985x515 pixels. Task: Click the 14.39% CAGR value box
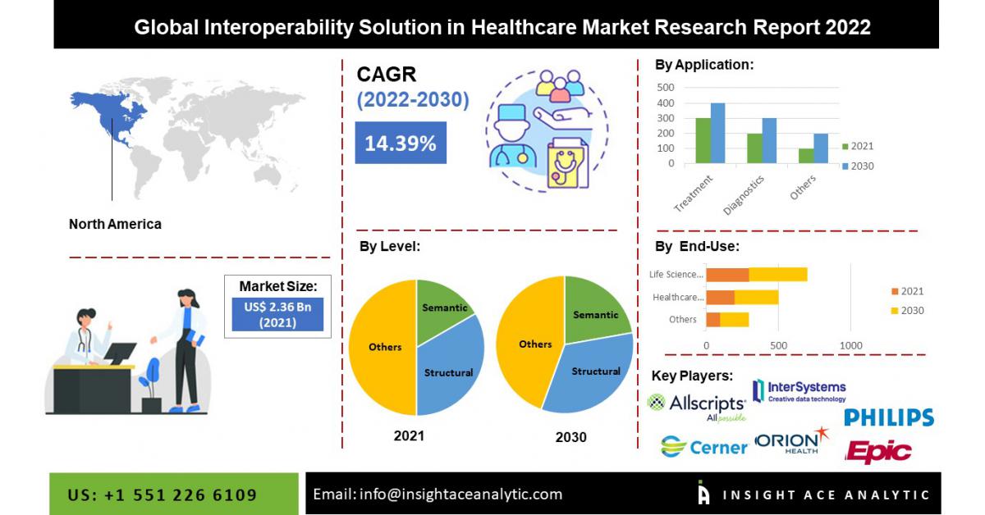click(401, 143)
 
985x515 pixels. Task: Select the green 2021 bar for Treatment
click(703, 140)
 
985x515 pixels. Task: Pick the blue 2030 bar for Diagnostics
click(769, 140)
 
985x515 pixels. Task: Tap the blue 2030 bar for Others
click(821, 148)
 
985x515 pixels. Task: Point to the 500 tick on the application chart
click(666, 88)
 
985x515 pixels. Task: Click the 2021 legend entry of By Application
click(858, 146)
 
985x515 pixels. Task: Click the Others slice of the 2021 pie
click(383, 347)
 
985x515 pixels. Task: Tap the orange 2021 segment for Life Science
click(727, 275)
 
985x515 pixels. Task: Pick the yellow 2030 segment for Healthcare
click(756, 298)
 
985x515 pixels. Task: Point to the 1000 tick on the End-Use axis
click(850, 346)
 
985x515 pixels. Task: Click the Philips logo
click(889, 417)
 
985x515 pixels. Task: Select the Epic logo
click(877, 451)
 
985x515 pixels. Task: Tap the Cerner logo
click(704, 447)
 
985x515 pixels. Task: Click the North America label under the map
click(115, 224)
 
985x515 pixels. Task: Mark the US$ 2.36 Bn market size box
click(277, 315)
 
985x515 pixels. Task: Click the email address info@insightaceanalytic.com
click(460, 494)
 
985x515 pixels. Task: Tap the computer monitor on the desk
click(120, 353)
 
